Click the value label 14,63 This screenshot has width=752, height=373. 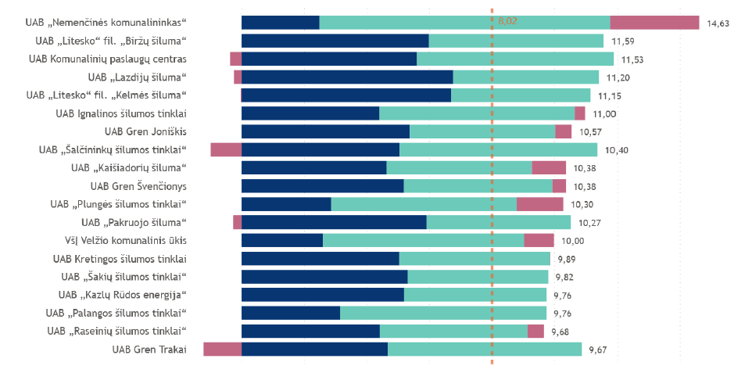point(718,23)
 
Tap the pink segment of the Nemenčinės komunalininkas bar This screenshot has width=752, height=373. point(654,23)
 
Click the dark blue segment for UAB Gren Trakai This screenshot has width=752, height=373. point(314,349)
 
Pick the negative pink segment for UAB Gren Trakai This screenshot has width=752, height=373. point(222,349)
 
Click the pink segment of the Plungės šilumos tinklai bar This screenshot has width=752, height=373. point(539,204)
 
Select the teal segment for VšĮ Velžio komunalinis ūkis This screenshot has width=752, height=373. point(423,240)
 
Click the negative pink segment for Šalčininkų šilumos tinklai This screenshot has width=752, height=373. point(226,149)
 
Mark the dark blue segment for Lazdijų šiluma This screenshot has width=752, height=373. point(348,77)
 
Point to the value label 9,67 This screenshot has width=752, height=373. point(597,350)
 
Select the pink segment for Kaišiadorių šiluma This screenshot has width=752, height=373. point(549,167)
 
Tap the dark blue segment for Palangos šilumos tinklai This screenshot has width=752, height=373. point(291,313)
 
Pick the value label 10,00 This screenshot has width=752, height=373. point(573,241)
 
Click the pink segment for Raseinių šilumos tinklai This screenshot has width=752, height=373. point(535,331)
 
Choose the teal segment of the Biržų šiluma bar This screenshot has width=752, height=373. point(516,41)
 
